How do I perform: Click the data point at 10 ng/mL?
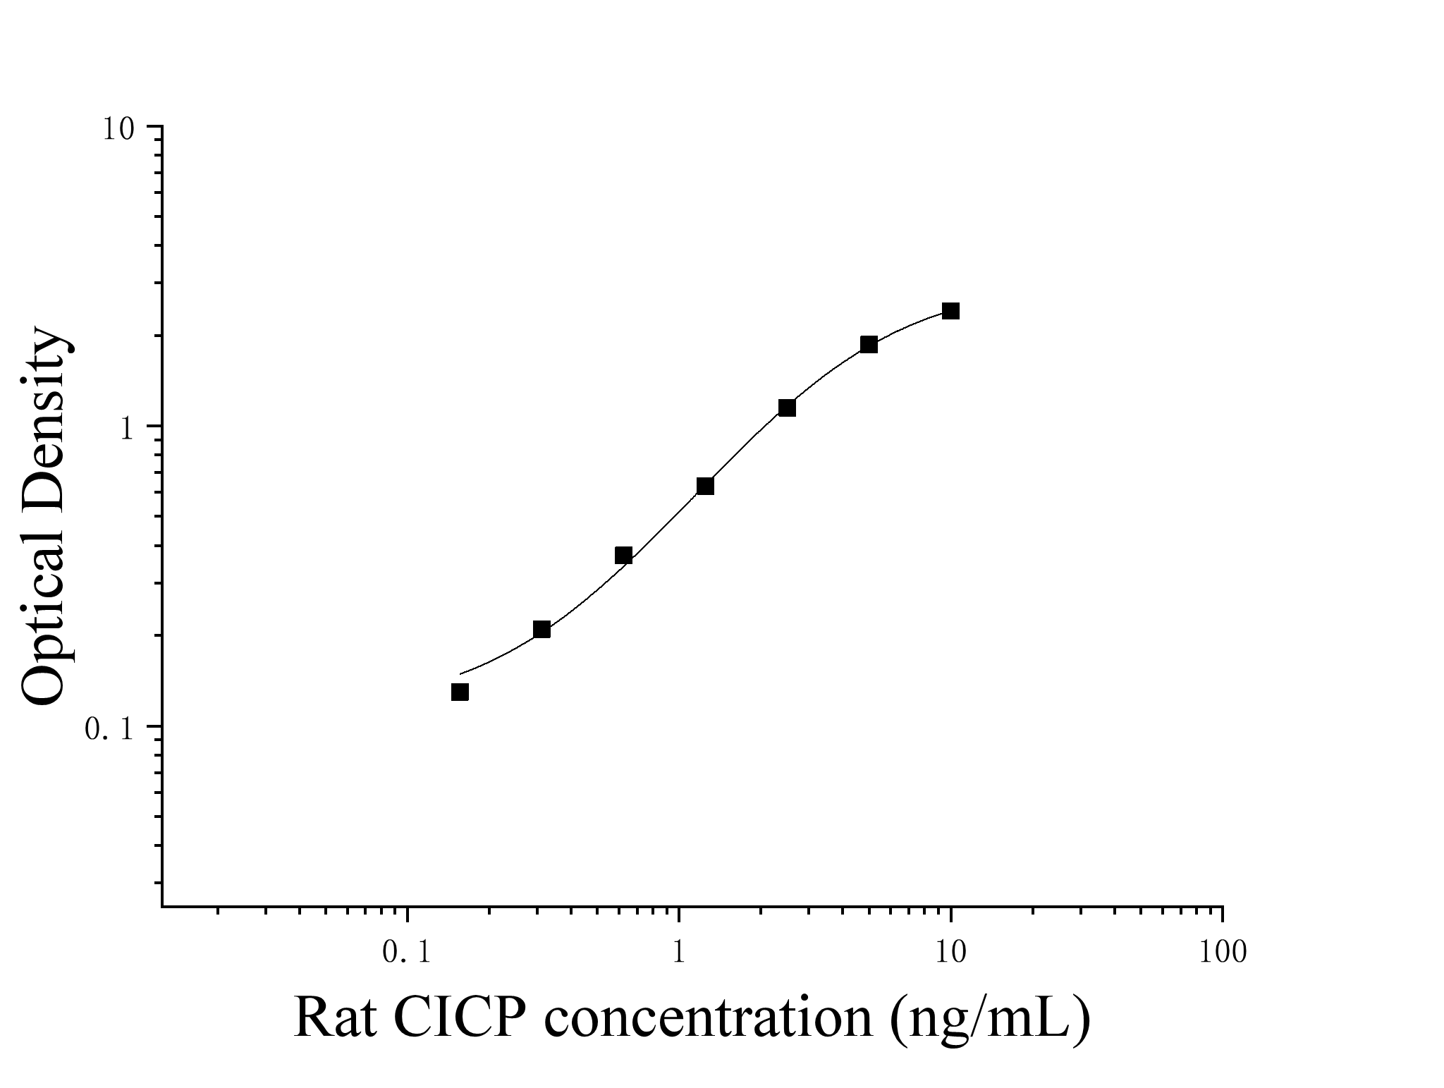coord(950,311)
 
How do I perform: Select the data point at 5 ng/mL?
coord(869,344)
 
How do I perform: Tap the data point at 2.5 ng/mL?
coord(787,408)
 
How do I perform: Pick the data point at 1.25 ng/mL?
coord(705,486)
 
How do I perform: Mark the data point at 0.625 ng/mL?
coord(623,556)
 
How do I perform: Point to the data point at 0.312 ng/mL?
coord(541,630)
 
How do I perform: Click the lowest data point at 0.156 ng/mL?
coord(460,692)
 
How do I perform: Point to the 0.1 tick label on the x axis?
coord(406,953)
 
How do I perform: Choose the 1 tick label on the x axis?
coord(678,953)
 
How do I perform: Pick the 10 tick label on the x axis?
coord(950,953)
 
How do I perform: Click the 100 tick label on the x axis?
coord(1222,953)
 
